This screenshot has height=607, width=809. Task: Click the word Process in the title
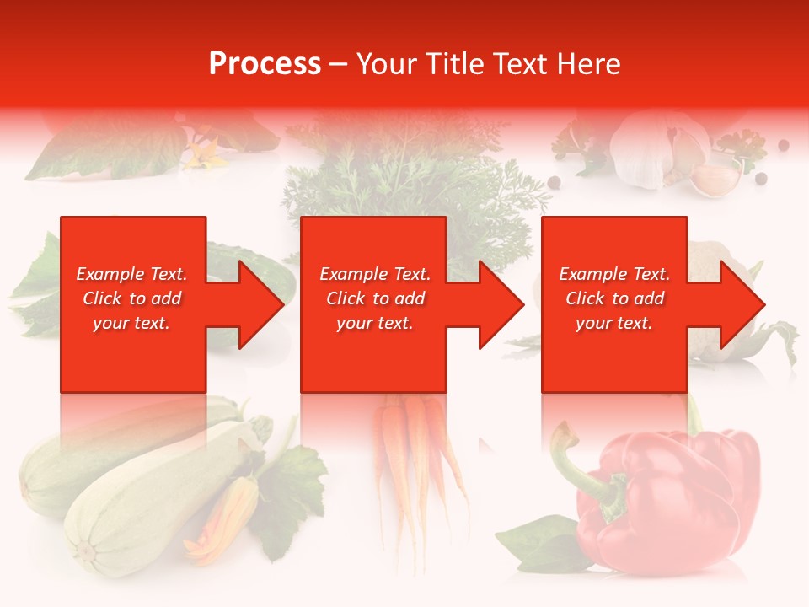pyautogui.click(x=265, y=64)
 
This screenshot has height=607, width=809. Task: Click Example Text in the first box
pyautogui.click(x=131, y=274)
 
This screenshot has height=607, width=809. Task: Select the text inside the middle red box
pyautogui.click(x=375, y=298)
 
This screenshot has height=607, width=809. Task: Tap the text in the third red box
pyautogui.click(x=614, y=298)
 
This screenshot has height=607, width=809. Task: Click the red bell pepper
pyautogui.click(x=674, y=497)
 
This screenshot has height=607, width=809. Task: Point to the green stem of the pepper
pyautogui.click(x=581, y=472)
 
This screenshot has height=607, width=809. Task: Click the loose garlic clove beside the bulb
pyautogui.click(x=716, y=178)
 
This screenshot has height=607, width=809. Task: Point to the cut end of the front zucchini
pyautogui.click(x=85, y=552)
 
